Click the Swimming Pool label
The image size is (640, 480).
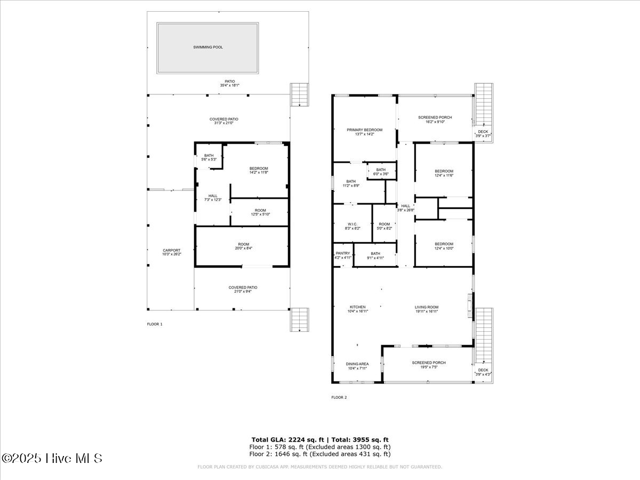(208, 47)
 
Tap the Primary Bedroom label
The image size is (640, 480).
(365, 130)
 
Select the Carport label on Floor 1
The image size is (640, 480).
(172, 250)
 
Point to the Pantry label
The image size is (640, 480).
(343, 253)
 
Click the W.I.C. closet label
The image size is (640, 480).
(351, 224)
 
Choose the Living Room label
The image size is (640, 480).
(427, 307)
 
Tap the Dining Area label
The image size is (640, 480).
(357, 364)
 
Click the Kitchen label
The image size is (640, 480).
(357, 307)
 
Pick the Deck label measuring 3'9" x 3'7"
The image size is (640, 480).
(483, 131)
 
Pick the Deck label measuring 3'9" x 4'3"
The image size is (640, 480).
(483, 370)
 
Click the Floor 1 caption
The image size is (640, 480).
(155, 324)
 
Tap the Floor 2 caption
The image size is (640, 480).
(339, 397)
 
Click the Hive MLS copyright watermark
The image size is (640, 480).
(52, 458)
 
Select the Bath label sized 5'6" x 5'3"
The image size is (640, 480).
(209, 156)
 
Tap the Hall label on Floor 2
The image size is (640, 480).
(406, 206)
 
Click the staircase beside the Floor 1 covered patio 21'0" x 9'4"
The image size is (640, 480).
(300, 320)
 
